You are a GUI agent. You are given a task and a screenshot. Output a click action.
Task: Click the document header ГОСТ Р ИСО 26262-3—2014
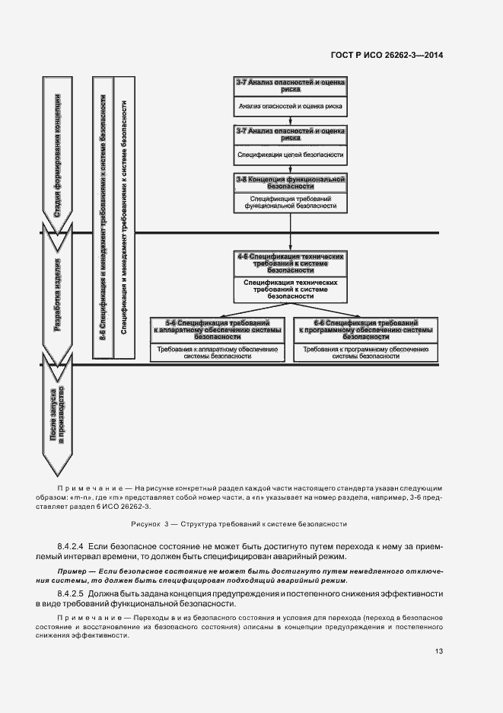387,55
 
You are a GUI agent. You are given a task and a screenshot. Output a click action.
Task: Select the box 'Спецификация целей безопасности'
291,155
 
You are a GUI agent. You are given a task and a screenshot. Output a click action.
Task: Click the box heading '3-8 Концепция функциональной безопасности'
291,181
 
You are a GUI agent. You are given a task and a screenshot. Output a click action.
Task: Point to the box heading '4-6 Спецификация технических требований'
291,262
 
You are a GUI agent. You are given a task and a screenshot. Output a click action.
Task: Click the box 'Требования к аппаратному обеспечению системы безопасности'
218,351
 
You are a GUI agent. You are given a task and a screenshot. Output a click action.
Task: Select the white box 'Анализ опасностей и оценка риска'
291,107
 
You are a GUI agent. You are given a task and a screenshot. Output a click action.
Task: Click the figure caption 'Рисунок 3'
239,524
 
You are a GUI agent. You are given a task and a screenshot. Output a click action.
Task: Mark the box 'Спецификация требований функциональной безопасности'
291,202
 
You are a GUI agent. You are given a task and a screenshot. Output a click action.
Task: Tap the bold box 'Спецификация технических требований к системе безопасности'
291,288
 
